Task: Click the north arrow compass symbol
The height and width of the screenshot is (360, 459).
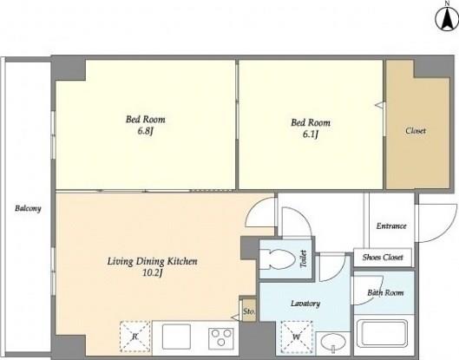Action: pos(447,19)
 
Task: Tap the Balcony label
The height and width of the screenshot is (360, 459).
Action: pos(28,208)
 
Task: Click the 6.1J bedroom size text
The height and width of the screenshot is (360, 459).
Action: pos(311,134)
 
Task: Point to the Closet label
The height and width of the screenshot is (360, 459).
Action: pos(416,130)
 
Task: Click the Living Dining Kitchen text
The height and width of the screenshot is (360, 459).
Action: pos(152,261)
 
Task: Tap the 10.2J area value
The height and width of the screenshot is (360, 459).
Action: pos(152,273)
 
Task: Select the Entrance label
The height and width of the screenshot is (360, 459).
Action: pos(391,226)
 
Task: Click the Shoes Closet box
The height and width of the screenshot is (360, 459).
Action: pos(383,258)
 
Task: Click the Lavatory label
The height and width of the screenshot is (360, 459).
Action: pos(305,304)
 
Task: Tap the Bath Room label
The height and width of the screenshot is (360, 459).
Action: pos(385,292)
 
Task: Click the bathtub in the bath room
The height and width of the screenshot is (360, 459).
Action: pos(384,335)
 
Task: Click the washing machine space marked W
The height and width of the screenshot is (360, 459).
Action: pos(297,337)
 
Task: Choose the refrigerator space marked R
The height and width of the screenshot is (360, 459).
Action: pos(135,337)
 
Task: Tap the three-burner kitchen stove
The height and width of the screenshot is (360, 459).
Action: pos(221,337)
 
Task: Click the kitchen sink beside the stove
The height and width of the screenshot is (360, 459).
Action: pos(176,337)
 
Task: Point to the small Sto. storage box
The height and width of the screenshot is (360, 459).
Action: pos(249,311)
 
